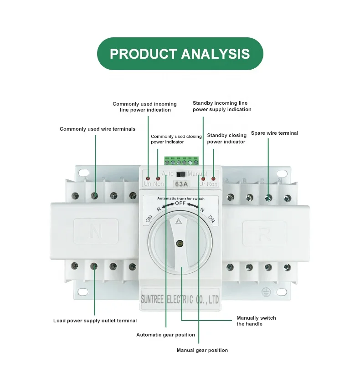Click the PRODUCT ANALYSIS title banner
coord(180,54)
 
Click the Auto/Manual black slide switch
coord(181,174)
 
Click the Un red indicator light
coord(148,178)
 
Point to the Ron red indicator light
coord(213,178)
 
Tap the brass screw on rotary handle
coord(180,244)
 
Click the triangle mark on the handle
coord(179,222)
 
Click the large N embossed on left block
coord(96,232)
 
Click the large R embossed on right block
coord(264,234)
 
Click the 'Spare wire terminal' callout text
coord(274,133)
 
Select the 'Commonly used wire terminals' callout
coord(98,129)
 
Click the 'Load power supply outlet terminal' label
coord(95,321)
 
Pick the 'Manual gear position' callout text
coord(202,350)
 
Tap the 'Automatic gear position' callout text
coord(165,335)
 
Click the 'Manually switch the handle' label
coord(256,321)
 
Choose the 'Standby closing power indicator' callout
coord(226,138)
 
